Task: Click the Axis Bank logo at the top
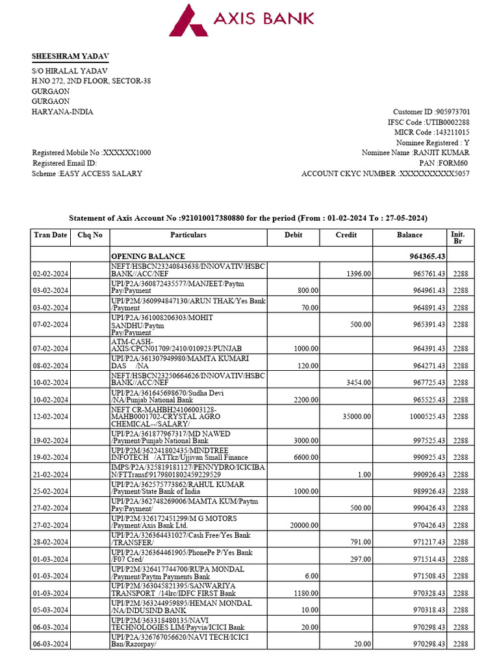(x=242, y=19)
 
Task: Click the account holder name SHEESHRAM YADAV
(x=66, y=56)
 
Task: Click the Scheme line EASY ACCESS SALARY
(x=87, y=173)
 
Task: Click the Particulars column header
(x=188, y=235)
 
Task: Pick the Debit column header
(x=294, y=235)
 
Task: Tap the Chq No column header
(x=90, y=235)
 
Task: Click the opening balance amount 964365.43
(x=424, y=257)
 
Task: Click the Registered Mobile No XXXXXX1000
(x=92, y=153)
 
